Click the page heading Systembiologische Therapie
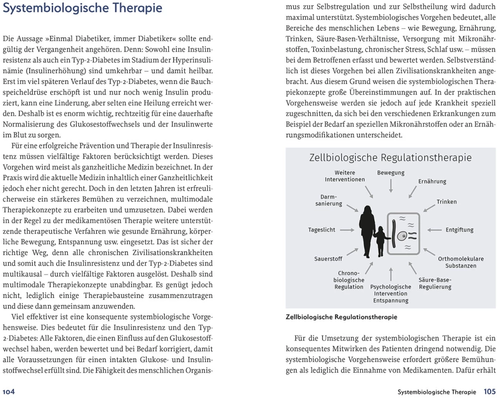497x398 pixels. click(x=83, y=9)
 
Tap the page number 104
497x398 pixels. click(x=9, y=392)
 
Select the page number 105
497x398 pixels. click(x=489, y=392)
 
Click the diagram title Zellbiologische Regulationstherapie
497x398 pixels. click(x=390, y=158)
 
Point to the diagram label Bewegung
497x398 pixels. click(x=391, y=173)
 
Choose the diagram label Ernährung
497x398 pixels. click(x=432, y=182)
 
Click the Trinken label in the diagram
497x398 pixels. click(x=446, y=202)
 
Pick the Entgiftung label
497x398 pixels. click(x=459, y=230)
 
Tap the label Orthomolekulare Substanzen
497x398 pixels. click(x=461, y=262)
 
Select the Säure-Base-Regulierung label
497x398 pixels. click(x=435, y=283)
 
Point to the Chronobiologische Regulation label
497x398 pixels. click(x=348, y=280)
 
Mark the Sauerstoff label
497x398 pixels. click(x=328, y=259)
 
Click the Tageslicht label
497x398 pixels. click(x=322, y=230)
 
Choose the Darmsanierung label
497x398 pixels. click(x=329, y=200)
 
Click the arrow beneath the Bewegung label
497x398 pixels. click(x=391, y=185)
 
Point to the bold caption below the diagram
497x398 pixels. click(x=341, y=317)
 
